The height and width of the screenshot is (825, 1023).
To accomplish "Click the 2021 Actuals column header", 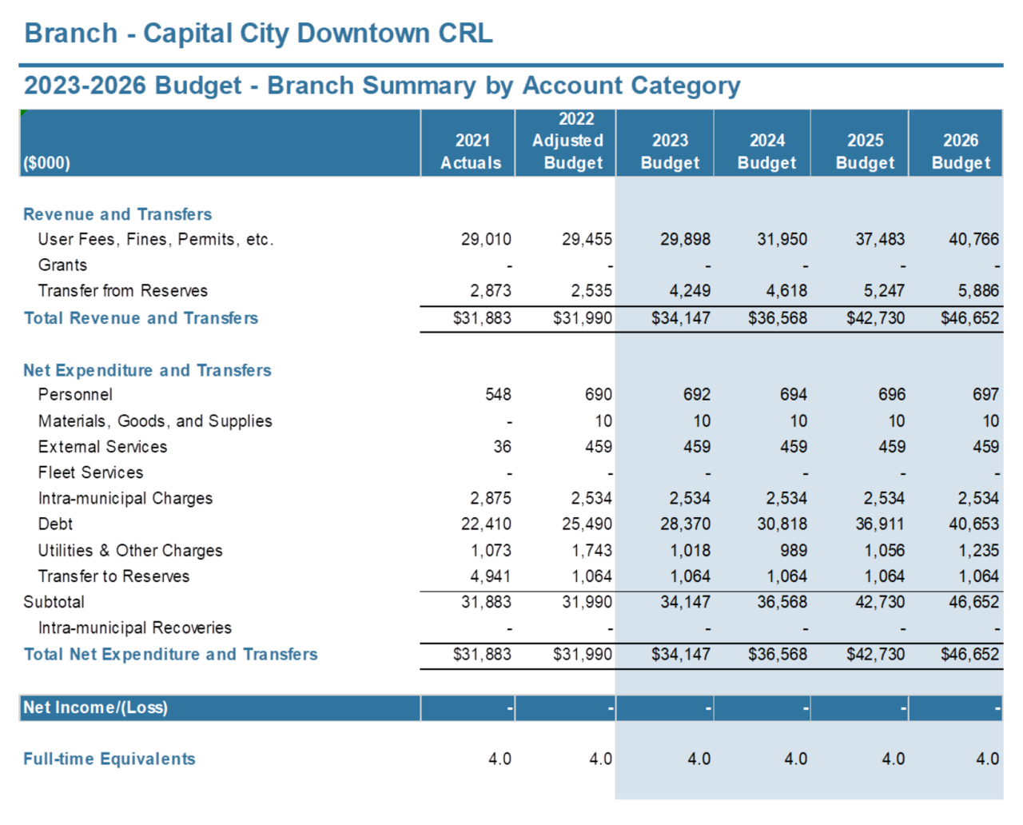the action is [x=471, y=152].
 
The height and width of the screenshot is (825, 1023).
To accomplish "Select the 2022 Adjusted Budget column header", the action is [x=567, y=141].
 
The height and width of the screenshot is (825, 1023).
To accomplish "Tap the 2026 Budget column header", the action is [x=961, y=152].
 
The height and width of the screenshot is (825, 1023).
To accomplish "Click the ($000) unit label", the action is [x=46, y=163].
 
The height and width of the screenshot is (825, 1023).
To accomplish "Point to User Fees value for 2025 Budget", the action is [x=880, y=239].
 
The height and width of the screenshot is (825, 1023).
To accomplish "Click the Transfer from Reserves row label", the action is [x=122, y=290].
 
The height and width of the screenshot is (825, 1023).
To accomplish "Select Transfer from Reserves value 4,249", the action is [x=690, y=290].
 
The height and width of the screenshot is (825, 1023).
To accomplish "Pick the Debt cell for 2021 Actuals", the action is [x=486, y=524].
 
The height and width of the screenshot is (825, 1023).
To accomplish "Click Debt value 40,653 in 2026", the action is [x=973, y=524].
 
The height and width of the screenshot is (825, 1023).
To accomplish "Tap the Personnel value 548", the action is [x=498, y=395].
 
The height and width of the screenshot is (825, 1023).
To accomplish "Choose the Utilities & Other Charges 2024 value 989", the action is [x=793, y=551].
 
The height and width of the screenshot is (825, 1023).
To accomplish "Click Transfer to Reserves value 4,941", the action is [x=490, y=576].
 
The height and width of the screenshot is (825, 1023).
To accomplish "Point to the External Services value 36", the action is [x=502, y=447].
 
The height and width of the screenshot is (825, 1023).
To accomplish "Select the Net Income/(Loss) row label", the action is [x=96, y=707].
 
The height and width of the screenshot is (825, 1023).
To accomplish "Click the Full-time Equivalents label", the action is [x=109, y=759].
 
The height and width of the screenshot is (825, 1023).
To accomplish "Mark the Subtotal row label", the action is [x=54, y=602].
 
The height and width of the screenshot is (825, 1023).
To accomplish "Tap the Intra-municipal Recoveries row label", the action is [x=134, y=628].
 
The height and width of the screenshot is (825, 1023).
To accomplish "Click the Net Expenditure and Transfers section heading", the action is [x=147, y=370].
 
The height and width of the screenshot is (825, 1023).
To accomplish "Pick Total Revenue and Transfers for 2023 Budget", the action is [x=681, y=318].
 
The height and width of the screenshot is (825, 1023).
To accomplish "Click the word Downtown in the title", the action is [x=363, y=34].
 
